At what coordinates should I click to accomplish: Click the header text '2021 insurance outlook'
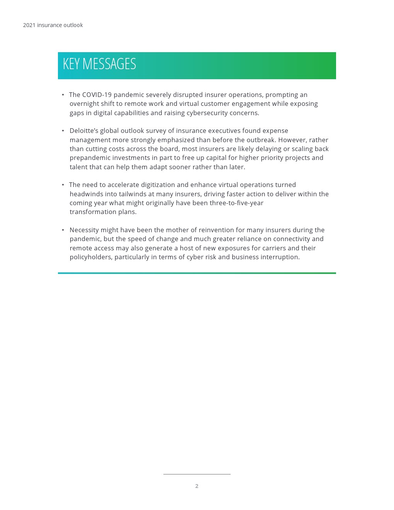(x=53, y=25)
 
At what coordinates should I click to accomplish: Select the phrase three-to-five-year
(x=236, y=203)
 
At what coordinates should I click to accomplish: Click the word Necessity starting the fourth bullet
(x=84, y=230)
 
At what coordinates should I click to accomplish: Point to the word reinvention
(x=220, y=230)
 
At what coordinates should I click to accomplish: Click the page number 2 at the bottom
(x=197, y=486)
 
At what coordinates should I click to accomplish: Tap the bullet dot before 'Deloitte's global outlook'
(x=63, y=131)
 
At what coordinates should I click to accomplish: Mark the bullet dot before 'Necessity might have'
(x=63, y=230)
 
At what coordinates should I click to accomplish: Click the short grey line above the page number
(x=197, y=474)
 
